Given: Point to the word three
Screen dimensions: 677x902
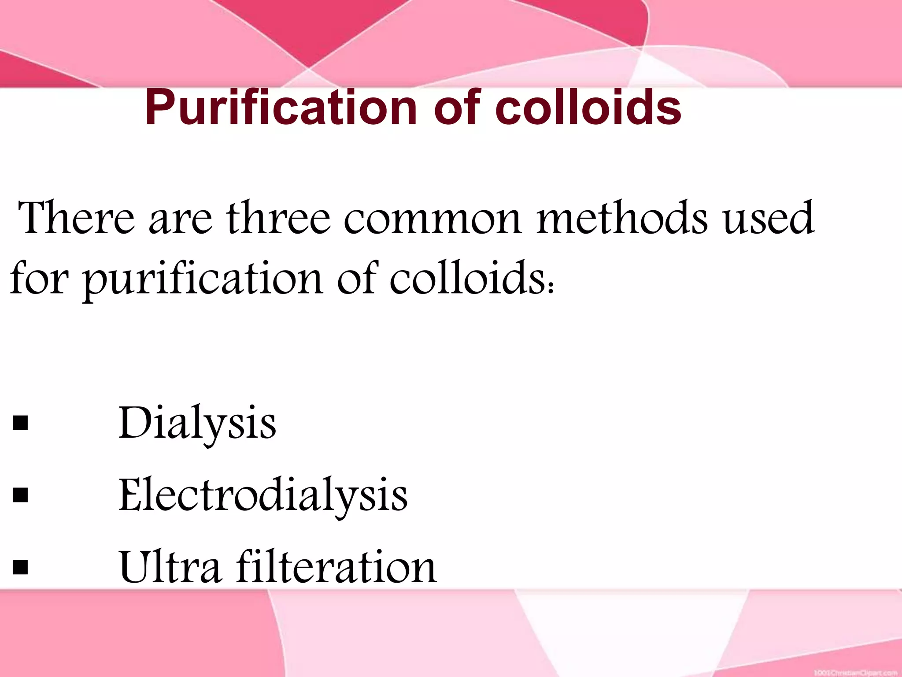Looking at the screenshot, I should point(278,218).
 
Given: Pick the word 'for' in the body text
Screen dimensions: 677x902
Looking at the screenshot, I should point(39,278).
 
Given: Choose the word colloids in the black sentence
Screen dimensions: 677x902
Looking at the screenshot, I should point(467,278).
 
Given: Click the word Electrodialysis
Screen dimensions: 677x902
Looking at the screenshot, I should point(263,496).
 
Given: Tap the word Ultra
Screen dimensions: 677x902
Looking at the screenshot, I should point(170,567).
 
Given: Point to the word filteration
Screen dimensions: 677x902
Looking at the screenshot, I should point(336,567).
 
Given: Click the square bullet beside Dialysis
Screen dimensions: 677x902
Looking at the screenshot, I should point(21,424).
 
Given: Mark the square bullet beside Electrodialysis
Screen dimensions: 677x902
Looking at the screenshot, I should point(21,495).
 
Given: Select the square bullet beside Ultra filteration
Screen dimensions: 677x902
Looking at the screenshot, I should point(21,568).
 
